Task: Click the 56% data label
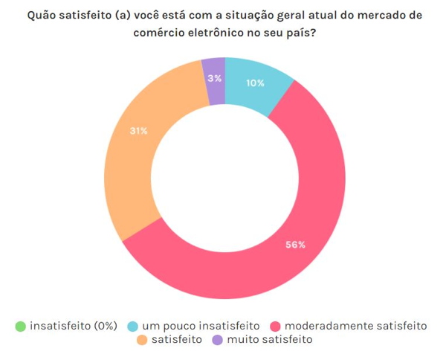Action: (295, 245)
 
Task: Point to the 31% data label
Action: (138, 131)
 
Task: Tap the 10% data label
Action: (255, 83)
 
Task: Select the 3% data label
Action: (214, 78)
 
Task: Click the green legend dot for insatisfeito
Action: (20, 326)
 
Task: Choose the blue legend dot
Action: (133, 326)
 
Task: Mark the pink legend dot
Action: (275, 326)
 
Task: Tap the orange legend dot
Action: (142, 341)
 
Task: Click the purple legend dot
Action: (217, 341)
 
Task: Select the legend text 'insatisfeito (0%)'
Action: (74, 326)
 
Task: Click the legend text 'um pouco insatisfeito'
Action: (201, 326)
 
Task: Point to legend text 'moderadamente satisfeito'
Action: (357, 326)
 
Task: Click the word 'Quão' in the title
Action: (42, 15)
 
